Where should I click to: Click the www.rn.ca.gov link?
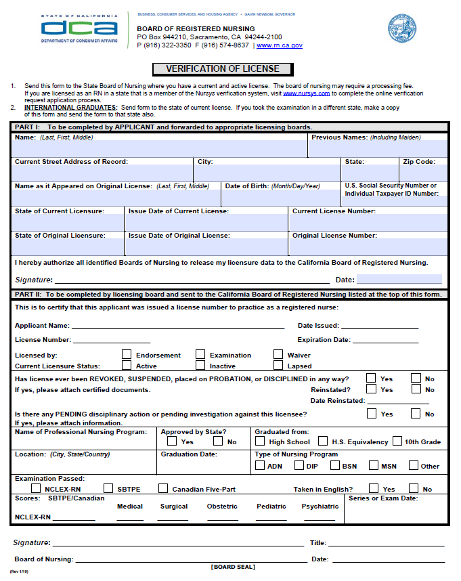280,45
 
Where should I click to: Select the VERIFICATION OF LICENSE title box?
223,68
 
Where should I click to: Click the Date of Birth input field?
280,198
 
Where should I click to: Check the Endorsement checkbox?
127,354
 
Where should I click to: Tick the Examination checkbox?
200,354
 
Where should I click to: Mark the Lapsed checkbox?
278,366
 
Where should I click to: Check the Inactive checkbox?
200,366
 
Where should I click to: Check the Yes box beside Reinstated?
371,389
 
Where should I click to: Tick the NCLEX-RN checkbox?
36,488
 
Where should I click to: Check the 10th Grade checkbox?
397,442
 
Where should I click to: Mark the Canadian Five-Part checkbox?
163,488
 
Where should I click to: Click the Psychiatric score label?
320,506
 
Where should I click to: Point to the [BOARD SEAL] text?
233,567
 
